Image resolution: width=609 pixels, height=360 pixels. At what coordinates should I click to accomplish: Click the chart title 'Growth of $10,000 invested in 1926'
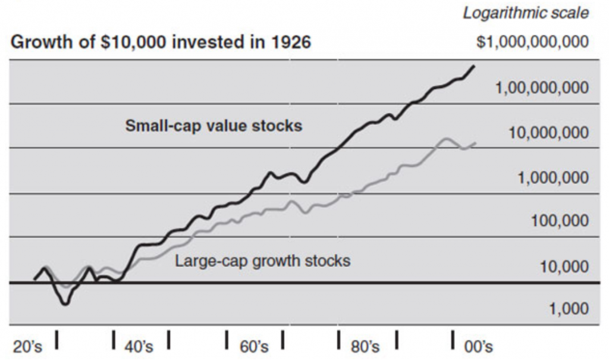[161, 43]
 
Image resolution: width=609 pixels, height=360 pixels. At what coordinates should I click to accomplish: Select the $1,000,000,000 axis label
[533, 43]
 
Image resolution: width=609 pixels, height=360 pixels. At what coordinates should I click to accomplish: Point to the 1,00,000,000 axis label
[542, 88]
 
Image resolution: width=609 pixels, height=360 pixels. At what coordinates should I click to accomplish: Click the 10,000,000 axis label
[548, 133]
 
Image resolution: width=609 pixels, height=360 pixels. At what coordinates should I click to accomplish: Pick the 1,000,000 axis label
[553, 177]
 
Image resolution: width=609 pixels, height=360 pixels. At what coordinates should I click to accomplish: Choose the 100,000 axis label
[560, 221]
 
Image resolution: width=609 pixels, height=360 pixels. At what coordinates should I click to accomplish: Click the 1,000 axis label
[569, 309]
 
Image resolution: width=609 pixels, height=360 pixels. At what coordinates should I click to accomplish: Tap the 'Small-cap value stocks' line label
[214, 126]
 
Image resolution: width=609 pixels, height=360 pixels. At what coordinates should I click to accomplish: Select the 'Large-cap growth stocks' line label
[262, 261]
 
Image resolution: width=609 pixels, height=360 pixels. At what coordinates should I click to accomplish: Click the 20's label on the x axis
[27, 347]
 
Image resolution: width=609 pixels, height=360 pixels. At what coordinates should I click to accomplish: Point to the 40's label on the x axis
[140, 347]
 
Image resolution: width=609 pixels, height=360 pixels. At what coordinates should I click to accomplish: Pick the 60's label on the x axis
[255, 347]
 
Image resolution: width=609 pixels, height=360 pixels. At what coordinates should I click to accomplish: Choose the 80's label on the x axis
[365, 347]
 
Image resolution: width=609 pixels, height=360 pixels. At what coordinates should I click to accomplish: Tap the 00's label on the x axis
[478, 347]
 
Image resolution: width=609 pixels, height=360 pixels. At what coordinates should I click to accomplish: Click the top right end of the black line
[474, 66]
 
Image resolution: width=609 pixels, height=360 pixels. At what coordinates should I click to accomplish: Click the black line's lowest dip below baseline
[65, 303]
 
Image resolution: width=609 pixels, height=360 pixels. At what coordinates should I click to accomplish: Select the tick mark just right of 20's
[57, 341]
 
